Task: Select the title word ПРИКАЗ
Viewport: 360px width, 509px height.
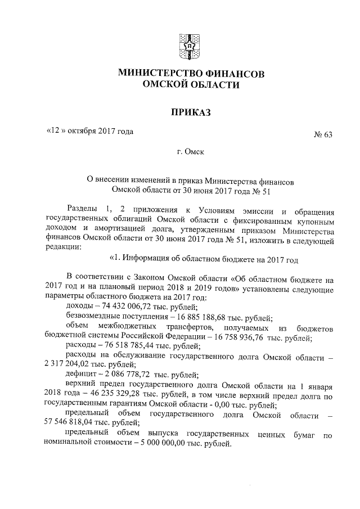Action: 191,112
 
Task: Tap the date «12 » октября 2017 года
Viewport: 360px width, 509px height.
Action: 90,132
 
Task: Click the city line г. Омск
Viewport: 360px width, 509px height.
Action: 190,152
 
